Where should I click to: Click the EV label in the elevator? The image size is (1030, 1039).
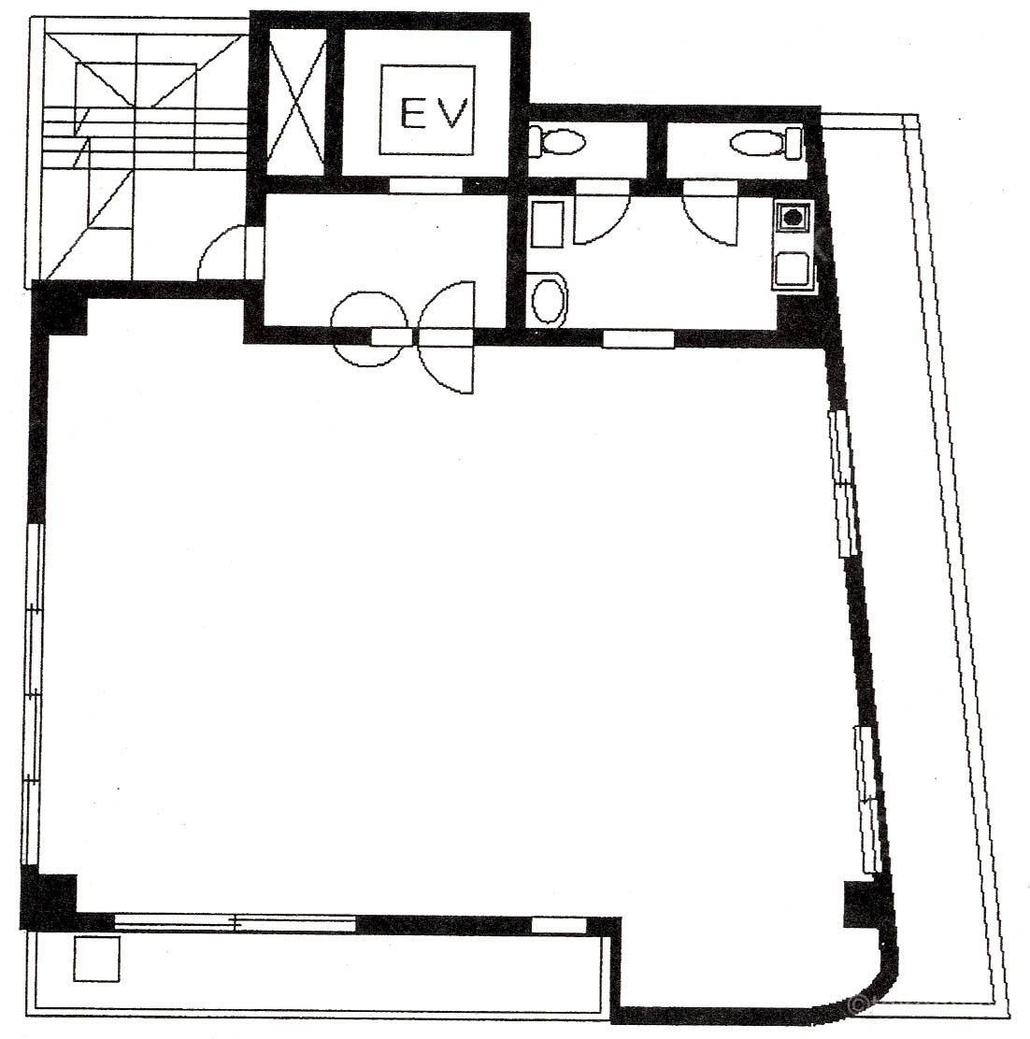pos(434,113)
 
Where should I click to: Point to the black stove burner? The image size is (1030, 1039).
pos(793,216)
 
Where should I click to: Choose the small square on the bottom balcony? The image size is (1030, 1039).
pos(97,958)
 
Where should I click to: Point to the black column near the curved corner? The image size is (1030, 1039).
pos(860,904)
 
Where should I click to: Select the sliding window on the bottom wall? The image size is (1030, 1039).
pos(236,921)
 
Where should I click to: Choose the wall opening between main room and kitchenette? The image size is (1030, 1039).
pos(638,338)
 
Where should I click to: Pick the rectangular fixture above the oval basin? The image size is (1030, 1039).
pos(547,224)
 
